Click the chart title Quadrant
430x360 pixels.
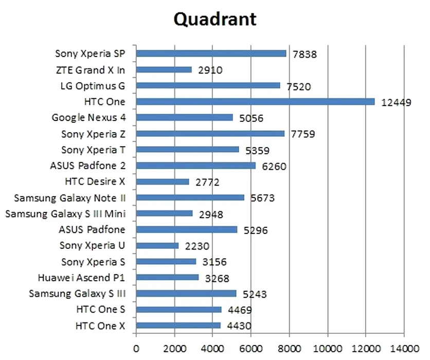214,19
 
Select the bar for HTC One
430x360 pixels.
255,102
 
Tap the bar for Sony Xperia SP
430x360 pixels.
211,53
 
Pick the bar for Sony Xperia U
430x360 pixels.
157,246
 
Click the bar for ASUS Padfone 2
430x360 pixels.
196,166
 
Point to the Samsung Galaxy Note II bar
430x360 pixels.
190,198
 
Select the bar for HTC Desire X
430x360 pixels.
163,182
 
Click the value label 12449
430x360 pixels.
396,102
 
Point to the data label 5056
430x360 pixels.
251,118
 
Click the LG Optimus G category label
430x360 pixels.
93,85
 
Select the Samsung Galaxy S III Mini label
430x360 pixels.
65,213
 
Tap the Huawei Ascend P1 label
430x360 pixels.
82,278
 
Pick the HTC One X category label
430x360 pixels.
100,326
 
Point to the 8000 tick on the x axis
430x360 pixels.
290,348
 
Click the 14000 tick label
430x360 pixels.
404,348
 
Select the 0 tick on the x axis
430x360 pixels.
136,348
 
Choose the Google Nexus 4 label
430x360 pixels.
88,118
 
